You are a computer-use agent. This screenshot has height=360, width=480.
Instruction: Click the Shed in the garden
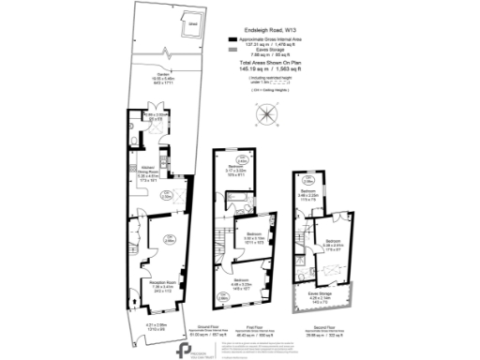[193, 31]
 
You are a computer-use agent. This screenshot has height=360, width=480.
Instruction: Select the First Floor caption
[246, 327]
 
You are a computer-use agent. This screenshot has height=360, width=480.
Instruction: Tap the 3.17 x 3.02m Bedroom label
[236, 171]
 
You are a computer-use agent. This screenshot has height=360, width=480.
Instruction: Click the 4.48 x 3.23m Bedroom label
[242, 285]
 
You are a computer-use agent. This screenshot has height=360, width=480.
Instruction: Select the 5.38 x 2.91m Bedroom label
[334, 246]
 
